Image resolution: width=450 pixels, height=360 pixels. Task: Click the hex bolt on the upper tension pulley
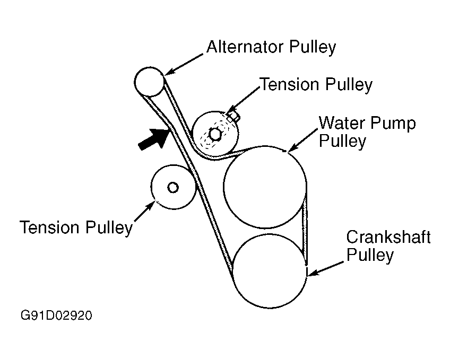215,134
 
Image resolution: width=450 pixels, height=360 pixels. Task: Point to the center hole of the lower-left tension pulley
172,187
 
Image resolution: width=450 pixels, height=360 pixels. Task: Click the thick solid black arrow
153,138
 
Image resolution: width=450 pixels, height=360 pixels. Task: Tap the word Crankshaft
388,237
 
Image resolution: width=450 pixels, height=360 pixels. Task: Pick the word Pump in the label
393,124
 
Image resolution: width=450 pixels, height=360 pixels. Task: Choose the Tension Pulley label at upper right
316,84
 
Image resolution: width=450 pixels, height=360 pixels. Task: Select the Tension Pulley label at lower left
76,227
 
